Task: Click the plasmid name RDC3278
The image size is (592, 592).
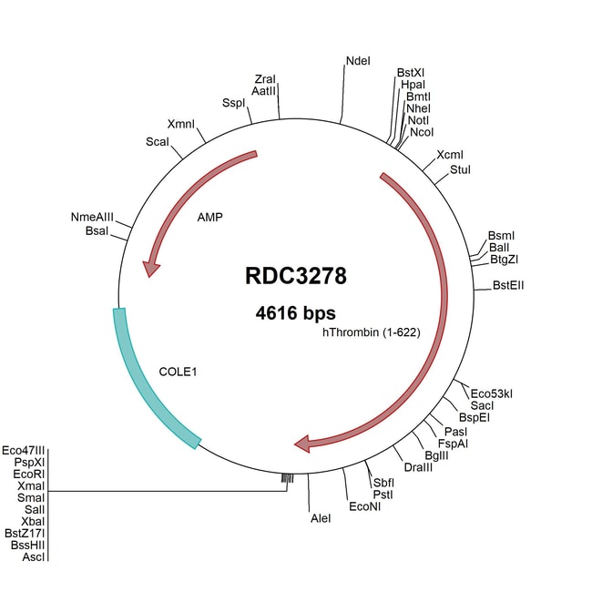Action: click(x=296, y=275)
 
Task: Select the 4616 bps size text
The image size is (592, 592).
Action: click(x=296, y=312)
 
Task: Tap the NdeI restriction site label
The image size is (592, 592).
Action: click(x=358, y=61)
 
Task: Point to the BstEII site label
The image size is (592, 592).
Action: click(x=508, y=285)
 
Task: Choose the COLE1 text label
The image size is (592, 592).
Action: click(x=179, y=372)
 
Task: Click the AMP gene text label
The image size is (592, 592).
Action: click(x=210, y=219)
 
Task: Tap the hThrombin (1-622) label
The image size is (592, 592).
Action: click(x=371, y=332)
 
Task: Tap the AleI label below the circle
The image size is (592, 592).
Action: click(x=321, y=517)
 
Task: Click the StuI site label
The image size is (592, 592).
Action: click(x=461, y=170)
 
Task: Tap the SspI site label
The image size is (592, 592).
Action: click(x=234, y=103)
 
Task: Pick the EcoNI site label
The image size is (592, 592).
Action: click(x=364, y=506)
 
